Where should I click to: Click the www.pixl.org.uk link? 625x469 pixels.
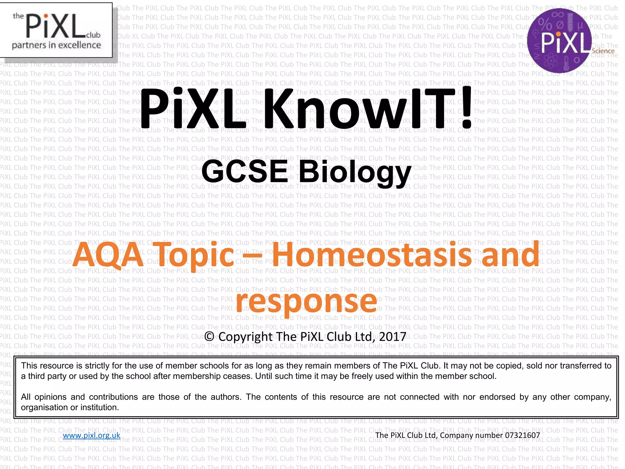(92, 435)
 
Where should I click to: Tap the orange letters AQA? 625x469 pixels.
(108, 255)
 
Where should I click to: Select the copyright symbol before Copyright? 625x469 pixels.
(209, 336)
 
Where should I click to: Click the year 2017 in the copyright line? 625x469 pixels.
(392, 336)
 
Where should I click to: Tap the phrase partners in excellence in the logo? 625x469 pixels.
(56, 45)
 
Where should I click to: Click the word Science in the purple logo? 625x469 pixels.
(603, 51)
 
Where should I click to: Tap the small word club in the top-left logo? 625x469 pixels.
(93, 35)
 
